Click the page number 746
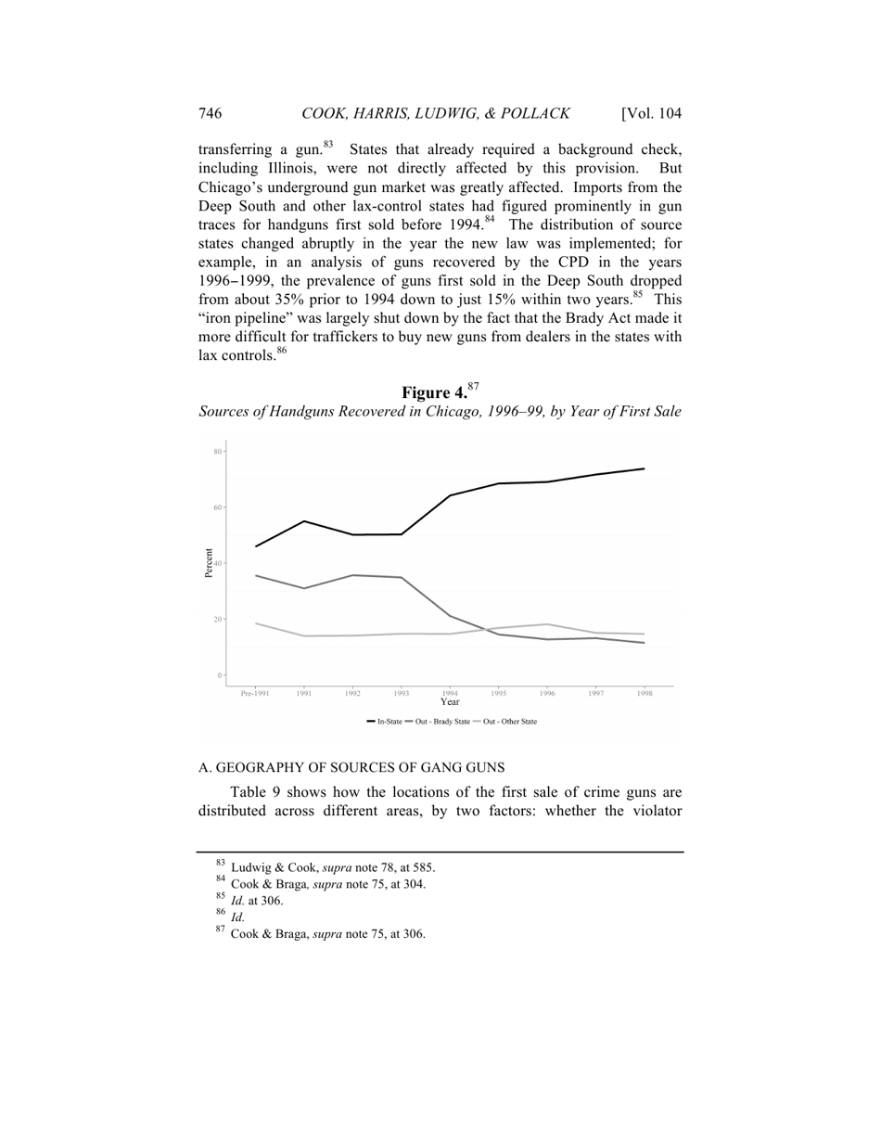(210, 114)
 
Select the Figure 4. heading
(435, 392)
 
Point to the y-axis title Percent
(209, 563)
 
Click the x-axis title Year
(450, 702)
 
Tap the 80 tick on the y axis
(219, 452)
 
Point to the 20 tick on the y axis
(219, 620)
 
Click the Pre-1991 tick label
(255, 693)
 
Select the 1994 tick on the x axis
(450, 692)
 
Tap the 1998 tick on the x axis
(644, 693)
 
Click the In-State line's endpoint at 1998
(644, 468)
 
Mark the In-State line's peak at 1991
(304, 521)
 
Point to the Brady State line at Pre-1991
(256, 576)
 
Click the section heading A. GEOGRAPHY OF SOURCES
(351, 767)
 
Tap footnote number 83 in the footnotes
(220, 864)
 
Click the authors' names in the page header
(435, 114)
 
